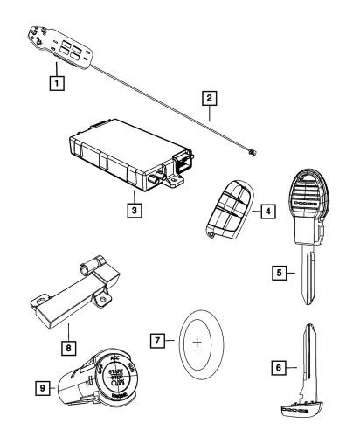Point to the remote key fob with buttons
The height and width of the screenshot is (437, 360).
231,213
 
